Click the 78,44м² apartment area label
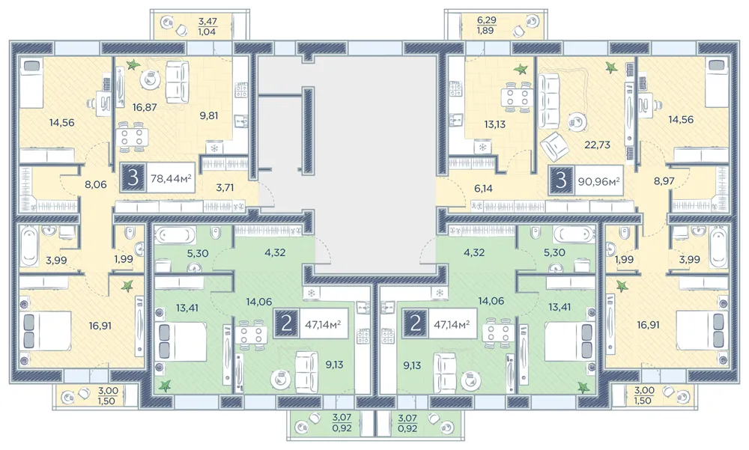coord(171,179)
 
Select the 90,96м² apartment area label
coord(599,181)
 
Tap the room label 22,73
coord(598,145)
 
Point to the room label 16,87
coord(145,108)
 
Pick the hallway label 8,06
coord(96,184)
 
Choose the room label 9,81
coord(209,115)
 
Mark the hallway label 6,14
coord(483,189)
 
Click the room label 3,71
coord(225,188)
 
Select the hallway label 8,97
coord(664,181)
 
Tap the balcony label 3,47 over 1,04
coord(207,26)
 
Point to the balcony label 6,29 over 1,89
coord(486,25)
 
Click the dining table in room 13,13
coord(518,97)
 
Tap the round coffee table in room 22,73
coord(578,121)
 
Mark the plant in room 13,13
coord(521,70)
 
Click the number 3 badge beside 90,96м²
coord(562,180)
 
